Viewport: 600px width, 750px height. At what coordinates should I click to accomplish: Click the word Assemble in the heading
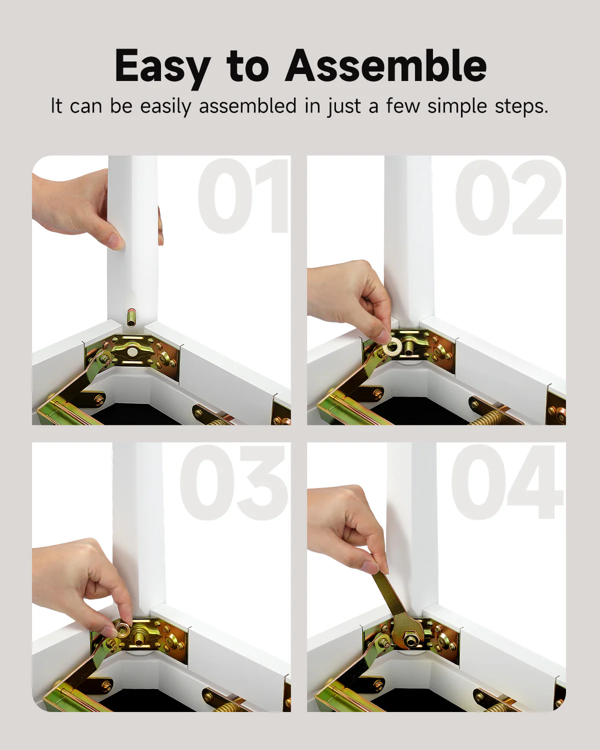pyautogui.click(x=385, y=65)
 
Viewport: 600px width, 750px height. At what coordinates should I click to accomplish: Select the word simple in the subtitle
pyautogui.click(x=457, y=106)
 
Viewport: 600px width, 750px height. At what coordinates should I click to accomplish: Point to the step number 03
pyautogui.click(x=234, y=482)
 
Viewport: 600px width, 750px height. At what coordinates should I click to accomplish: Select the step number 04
pyautogui.click(x=507, y=482)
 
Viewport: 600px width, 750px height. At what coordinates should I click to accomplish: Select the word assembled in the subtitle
pyautogui.click(x=247, y=106)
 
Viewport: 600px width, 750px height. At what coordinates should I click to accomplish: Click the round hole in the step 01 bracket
pyautogui.click(x=132, y=352)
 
